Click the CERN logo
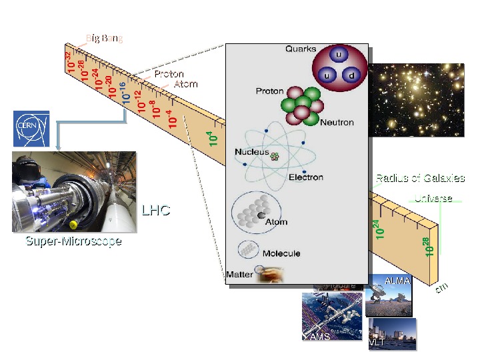(x=31, y=129)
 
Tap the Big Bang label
(x=105, y=38)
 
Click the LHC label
(x=156, y=211)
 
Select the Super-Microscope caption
(x=73, y=241)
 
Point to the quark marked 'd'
(x=351, y=75)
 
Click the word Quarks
(x=301, y=49)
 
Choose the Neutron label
(x=337, y=123)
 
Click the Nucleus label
(x=251, y=152)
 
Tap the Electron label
(x=305, y=177)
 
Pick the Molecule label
(x=281, y=253)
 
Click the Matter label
(x=239, y=274)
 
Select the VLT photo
(x=392, y=334)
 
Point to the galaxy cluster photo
(x=416, y=100)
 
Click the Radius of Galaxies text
(x=420, y=178)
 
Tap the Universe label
(x=433, y=199)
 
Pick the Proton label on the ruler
(x=169, y=74)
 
